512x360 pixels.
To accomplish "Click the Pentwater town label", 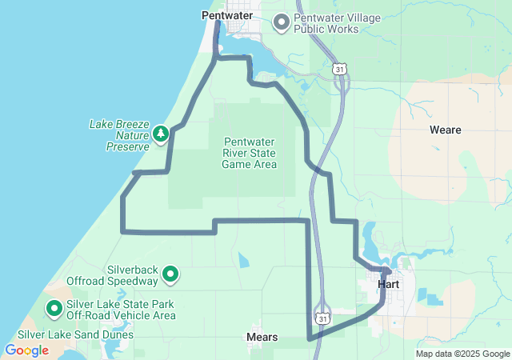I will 226,14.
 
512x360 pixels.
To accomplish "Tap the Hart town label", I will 387,284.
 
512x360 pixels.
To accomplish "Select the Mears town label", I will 262,338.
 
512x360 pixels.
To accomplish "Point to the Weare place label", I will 445,130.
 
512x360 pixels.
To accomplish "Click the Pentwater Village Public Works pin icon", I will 282,22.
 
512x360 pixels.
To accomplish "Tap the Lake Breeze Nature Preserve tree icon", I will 160,133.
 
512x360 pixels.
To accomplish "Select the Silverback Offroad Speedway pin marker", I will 170,274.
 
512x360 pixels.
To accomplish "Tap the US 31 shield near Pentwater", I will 341,71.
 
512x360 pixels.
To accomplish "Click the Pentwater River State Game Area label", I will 249,153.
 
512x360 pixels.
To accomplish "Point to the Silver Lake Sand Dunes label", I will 75,334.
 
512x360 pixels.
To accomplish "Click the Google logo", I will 26,350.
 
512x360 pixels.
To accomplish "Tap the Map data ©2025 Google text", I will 462,354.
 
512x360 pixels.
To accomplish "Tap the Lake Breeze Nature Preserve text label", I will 118,136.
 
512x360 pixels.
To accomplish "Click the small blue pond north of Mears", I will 243,260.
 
